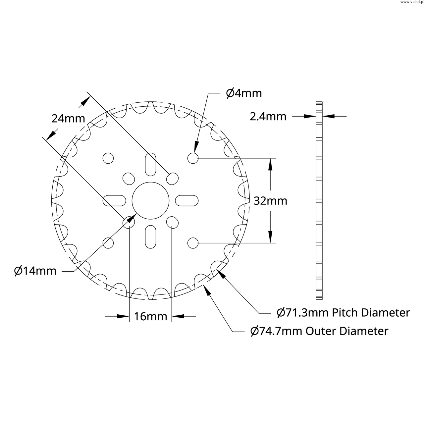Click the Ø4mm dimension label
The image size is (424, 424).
tap(244, 93)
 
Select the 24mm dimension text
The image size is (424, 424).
tap(68, 119)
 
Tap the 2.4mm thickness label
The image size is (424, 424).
tap(268, 116)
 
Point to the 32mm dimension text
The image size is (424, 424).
tap(270, 201)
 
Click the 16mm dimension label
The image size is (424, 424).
tap(150, 316)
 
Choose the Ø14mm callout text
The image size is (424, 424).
tap(35, 271)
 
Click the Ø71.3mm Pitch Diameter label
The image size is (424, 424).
tap(343, 313)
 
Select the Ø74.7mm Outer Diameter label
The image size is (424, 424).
tap(319, 331)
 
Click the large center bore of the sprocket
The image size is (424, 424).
tap(150, 201)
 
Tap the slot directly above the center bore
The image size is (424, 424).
tap(150, 164)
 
